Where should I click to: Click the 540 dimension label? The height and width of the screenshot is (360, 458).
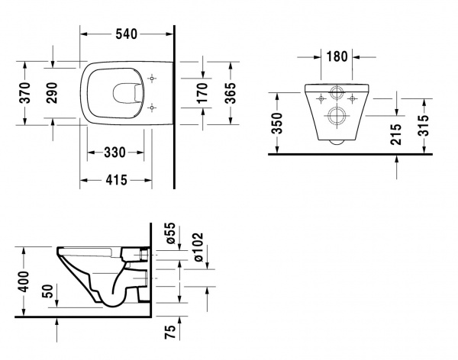click(x=126, y=34)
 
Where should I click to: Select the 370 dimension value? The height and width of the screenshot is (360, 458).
click(x=24, y=93)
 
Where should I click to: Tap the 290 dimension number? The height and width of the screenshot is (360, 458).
click(x=52, y=93)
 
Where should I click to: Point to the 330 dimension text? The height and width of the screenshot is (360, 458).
click(x=114, y=153)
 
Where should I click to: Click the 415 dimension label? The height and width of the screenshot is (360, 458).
click(x=116, y=180)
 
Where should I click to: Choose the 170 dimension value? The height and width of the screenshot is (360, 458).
click(x=202, y=93)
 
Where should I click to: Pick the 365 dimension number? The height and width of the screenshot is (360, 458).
click(x=230, y=93)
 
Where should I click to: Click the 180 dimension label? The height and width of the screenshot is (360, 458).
click(x=337, y=56)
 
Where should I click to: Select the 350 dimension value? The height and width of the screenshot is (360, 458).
click(x=277, y=124)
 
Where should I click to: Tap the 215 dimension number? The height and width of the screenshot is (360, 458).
click(x=396, y=134)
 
